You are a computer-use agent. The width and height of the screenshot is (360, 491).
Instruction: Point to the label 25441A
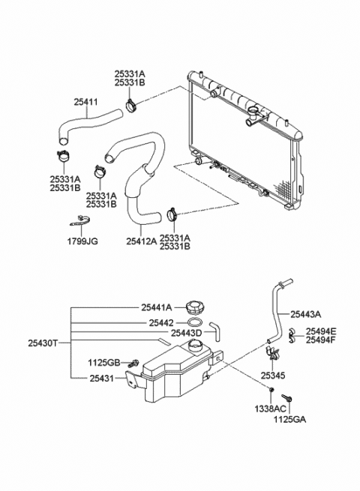156,307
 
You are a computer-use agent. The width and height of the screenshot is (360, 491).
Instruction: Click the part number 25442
160,322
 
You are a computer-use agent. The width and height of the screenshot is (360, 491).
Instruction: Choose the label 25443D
186,333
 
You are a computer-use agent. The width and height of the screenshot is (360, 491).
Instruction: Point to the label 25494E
321,331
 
